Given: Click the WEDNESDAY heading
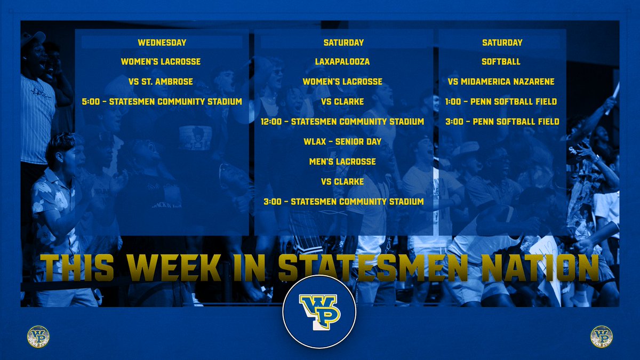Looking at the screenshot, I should pyautogui.click(x=161, y=42).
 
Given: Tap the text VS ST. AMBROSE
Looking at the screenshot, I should pyautogui.click(x=161, y=82).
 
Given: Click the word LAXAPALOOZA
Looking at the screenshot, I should pyautogui.click(x=342, y=62).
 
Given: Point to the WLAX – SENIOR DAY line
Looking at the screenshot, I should pyautogui.click(x=342, y=141).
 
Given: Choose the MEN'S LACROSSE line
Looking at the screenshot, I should pyautogui.click(x=342, y=162).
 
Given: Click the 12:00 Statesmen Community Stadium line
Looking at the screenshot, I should pyautogui.click(x=342, y=122).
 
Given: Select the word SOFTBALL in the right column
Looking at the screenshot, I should pyautogui.click(x=501, y=62).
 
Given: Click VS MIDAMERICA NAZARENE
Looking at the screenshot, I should pyautogui.click(x=501, y=82).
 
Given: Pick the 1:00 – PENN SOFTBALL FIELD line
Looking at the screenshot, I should pyautogui.click(x=501, y=101).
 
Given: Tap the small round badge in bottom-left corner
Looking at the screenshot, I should pyautogui.click(x=37, y=336).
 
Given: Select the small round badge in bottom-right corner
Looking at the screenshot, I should pyautogui.click(x=602, y=336).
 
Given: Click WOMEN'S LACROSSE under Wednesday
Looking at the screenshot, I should pyautogui.click(x=161, y=62).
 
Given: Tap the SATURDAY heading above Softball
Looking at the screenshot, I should pyautogui.click(x=502, y=42).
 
